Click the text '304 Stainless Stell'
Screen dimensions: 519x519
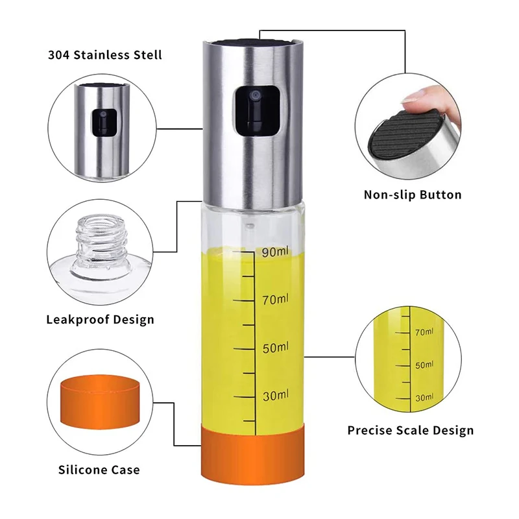[x=104, y=54]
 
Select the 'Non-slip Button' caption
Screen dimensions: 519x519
[x=412, y=195]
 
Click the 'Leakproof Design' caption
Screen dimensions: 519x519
[x=100, y=319]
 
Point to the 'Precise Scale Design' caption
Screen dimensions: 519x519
[x=410, y=430]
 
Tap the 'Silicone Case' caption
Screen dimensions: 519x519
[x=99, y=469]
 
